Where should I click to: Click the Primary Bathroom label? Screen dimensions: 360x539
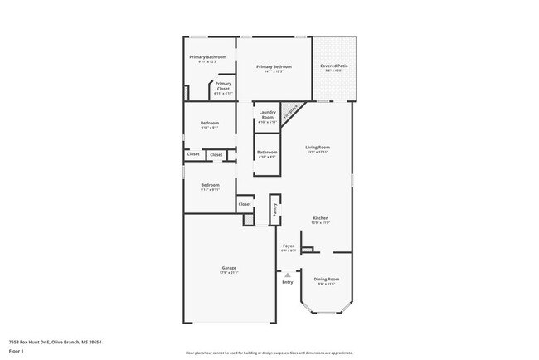point(207,57)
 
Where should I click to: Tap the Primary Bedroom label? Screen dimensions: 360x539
point(274,66)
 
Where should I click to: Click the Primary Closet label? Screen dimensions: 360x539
point(223,85)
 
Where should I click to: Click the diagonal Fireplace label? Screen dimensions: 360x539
point(291,114)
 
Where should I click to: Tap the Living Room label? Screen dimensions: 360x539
point(318,147)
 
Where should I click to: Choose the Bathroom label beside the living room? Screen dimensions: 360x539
point(267,152)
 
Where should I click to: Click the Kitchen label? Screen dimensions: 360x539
point(320,218)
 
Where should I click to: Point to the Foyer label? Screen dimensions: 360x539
point(289,246)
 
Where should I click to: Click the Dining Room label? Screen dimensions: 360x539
point(327,279)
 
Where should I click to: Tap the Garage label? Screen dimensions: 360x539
point(229,267)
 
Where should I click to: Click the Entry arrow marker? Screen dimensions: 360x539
point(288,275)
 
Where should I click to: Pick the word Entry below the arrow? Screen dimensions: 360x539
point(288,282)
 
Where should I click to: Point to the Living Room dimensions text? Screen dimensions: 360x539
point(318,152)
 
